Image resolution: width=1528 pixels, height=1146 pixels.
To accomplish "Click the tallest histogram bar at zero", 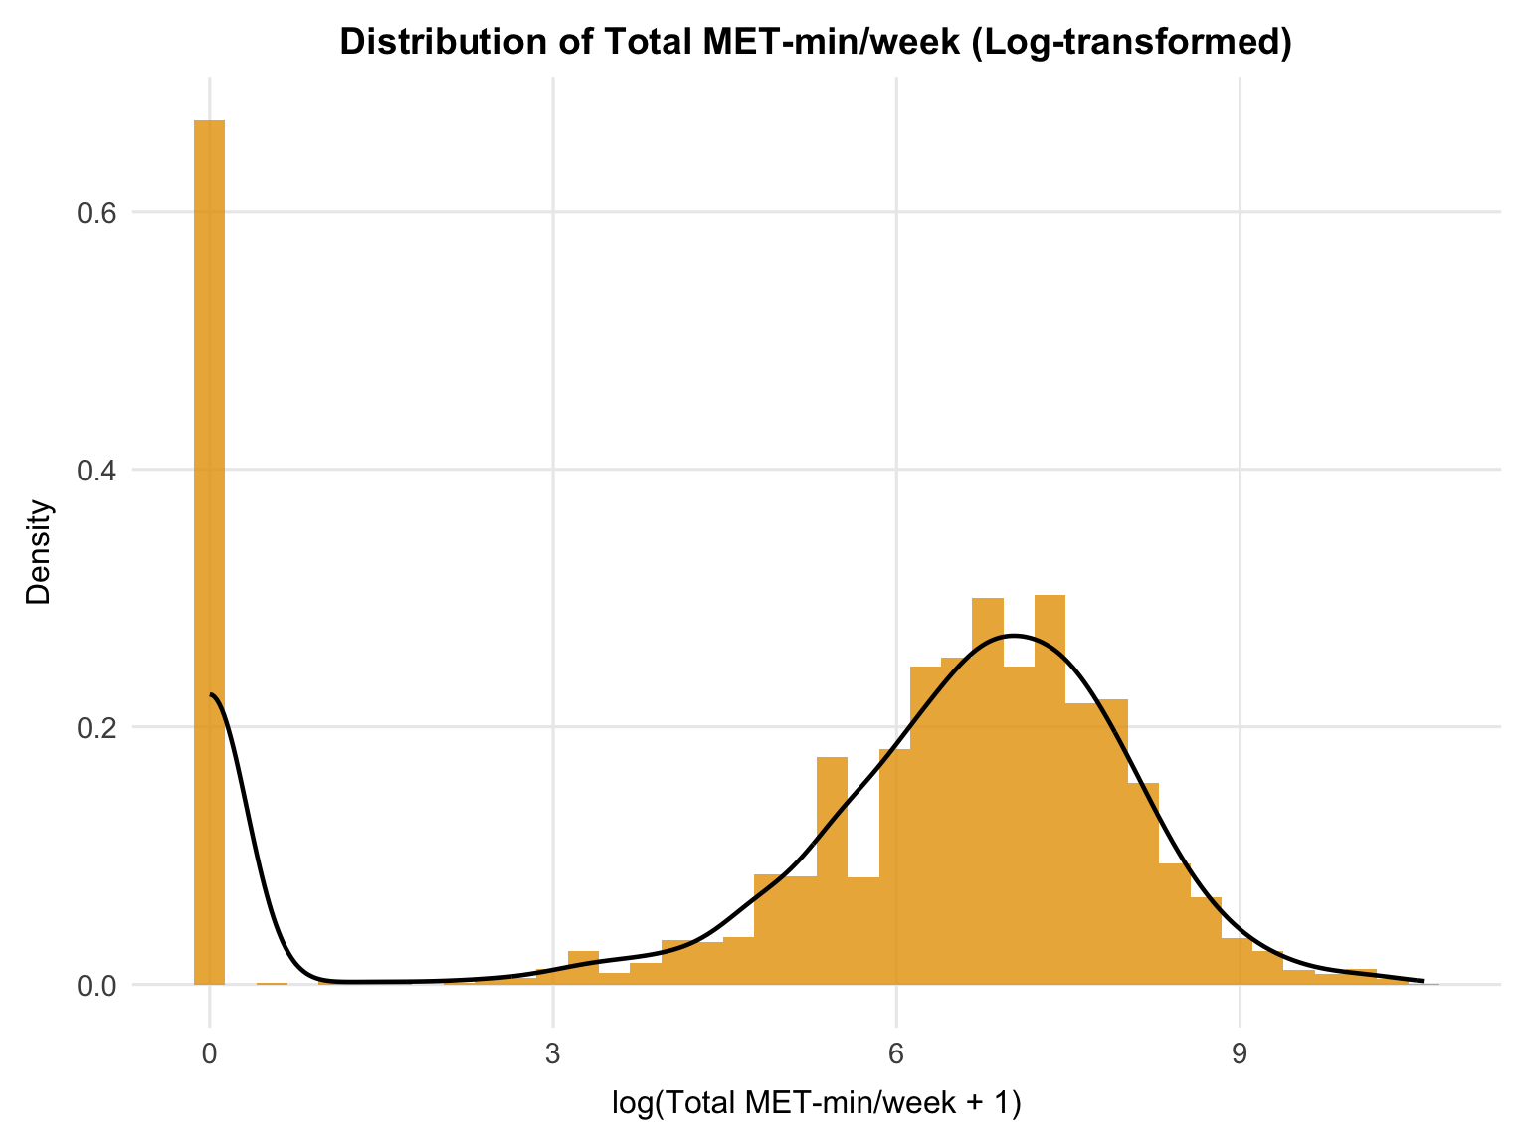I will pos(209,547).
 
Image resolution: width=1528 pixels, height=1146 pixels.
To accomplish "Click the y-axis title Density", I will pos(39,552).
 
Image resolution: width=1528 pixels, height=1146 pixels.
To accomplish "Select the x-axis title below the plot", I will pos(816,1104).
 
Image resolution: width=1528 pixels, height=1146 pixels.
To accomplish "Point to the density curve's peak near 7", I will pos(1013,635).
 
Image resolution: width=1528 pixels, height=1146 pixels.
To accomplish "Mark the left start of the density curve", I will pos(211,694).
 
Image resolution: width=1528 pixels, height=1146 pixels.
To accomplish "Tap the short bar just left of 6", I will pos(863,930).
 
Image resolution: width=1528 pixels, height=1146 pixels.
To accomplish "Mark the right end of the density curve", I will pos(1422,981).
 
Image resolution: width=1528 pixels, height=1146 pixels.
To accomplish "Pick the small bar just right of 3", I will pos(583,968).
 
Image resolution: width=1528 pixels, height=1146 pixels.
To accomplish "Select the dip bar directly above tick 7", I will pos(1019,826).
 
